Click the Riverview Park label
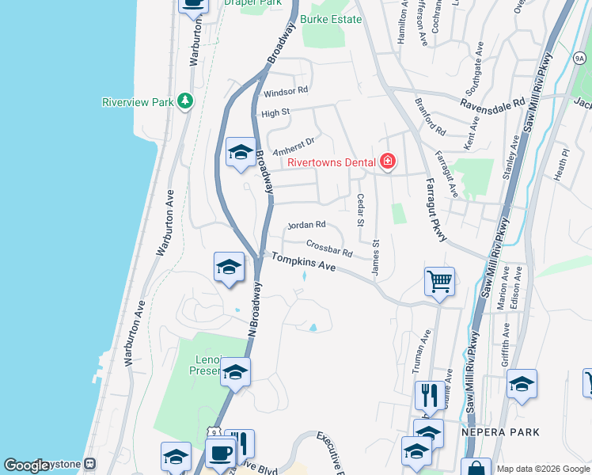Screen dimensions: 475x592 [x=138, y=102]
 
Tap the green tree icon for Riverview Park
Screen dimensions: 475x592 [x=185, y=101]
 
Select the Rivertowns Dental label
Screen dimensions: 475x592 [x=331, y=162]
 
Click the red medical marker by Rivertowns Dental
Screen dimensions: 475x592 [x=388, y=162]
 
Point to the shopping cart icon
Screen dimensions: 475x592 [x=438, y=280]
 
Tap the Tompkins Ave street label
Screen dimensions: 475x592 [x=304, y=264]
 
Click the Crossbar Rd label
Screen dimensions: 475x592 [x=328, y=249]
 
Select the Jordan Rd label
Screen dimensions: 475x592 [x=306, y=225]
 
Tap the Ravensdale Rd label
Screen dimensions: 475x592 [x=493, y=102]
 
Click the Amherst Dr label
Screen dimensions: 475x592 [x=294, y=146]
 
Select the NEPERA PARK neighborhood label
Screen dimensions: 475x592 [x=499, y=432]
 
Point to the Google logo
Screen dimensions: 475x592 [x=27, y=465]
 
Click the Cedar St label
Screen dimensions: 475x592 [x=360, y=210]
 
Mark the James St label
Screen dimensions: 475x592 [x=376, y=259]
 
